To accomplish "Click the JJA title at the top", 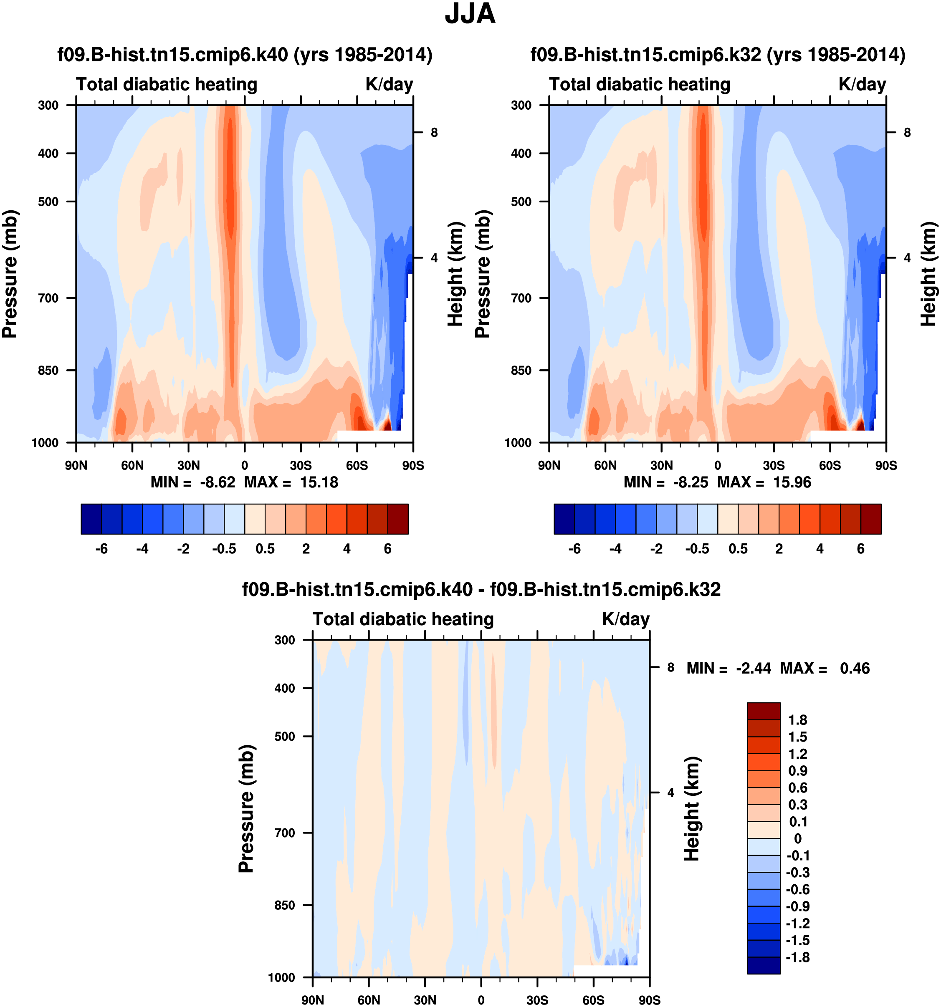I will coord(470,14).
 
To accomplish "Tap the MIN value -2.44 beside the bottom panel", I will coord(754,668).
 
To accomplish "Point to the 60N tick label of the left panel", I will coord(132,465).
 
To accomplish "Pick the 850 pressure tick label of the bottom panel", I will coord(285,905).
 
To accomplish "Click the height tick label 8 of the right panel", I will coord(907,133).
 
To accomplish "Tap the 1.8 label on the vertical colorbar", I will coord(797,720).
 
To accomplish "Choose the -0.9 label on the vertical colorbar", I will coord(797,906).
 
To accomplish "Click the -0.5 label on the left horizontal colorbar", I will coord(224,549).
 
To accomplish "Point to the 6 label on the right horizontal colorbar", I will coord(860,549).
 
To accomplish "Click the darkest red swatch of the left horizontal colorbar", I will coord(398,519).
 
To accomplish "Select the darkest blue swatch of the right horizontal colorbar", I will coord(564,519).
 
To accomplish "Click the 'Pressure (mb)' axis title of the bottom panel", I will coord(246,808).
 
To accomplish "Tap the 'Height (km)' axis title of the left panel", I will coord(455,273).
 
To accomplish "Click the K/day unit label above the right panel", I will coord(862,84).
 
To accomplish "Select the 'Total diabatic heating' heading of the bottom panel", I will coord(403,619).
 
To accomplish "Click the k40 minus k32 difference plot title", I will coord(481,589).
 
